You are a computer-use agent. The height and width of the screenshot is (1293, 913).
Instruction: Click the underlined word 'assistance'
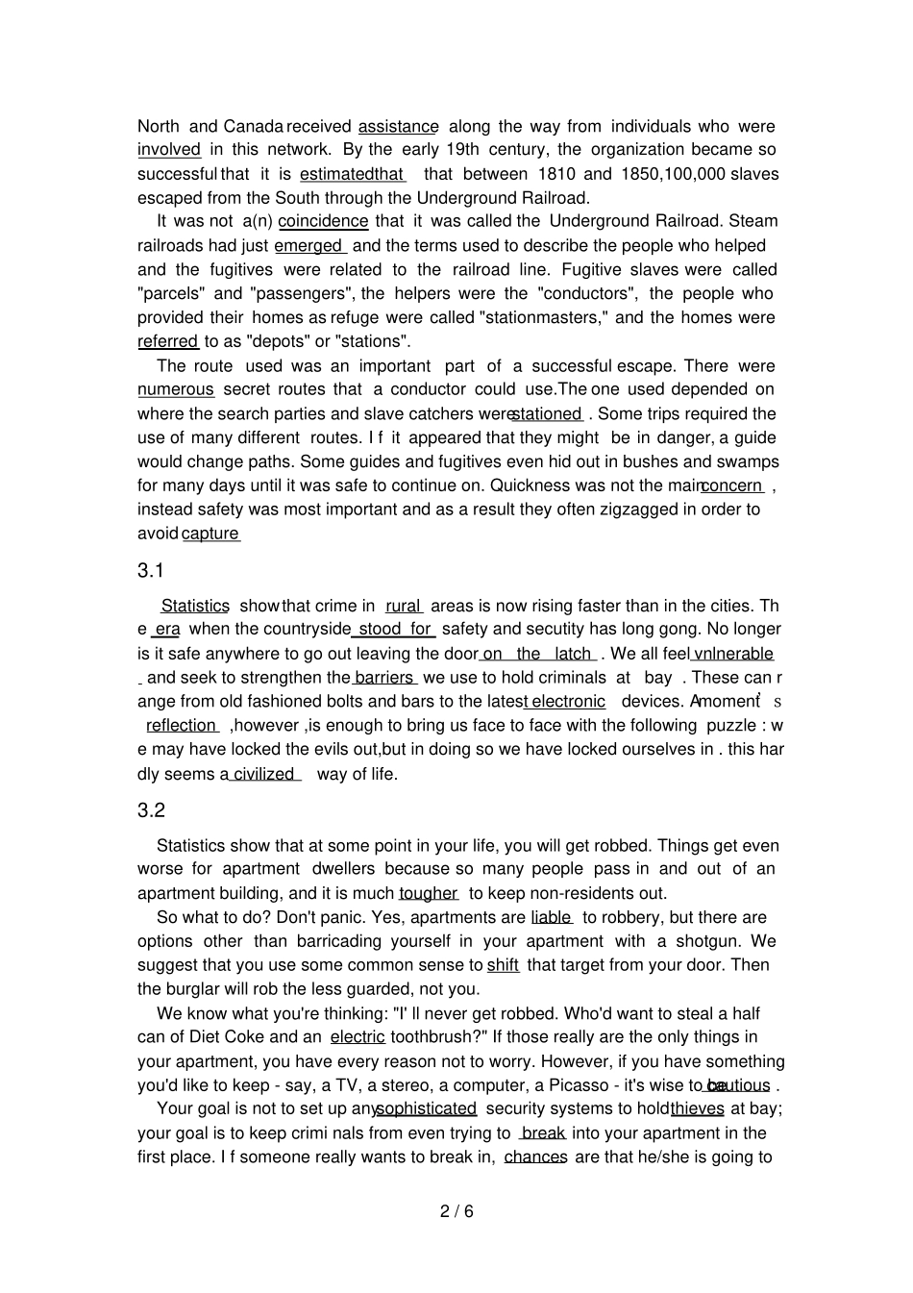tap(398, 127)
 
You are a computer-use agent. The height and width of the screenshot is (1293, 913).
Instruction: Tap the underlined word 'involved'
tap(169, 150)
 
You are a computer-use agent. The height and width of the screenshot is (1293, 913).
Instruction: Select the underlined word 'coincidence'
tap(323, 221)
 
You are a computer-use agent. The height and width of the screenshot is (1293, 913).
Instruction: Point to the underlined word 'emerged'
tap(308, 246)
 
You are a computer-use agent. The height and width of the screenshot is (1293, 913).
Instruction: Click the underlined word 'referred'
tap(167, 341)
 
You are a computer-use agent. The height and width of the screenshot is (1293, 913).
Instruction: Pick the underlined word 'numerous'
tap(176, 389)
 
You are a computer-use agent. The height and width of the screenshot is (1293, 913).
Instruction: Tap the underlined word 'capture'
tap(210, 534)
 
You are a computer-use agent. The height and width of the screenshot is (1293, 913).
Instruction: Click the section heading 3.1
tap(151, 571)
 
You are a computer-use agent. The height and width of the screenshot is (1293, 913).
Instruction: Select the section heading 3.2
tap(151, 810)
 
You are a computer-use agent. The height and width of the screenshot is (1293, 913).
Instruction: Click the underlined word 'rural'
tap(403, 607)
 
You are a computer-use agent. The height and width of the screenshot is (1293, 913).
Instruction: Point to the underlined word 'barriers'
tap(383, 678)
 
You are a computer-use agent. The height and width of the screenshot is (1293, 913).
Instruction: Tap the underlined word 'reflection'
tap(181, 726)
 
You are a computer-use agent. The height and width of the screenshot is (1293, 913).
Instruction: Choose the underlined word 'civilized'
tap(263, 774)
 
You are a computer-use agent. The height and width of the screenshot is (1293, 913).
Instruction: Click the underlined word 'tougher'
tap(428, 893)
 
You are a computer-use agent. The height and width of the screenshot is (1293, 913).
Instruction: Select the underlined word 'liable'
tap(551, 917)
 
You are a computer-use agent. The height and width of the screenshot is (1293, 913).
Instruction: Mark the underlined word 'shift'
tap(503, 965)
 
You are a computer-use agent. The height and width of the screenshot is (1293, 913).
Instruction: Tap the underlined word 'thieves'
tap(698, 1108)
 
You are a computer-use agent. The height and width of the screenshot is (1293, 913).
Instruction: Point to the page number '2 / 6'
tap(456, 1211)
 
